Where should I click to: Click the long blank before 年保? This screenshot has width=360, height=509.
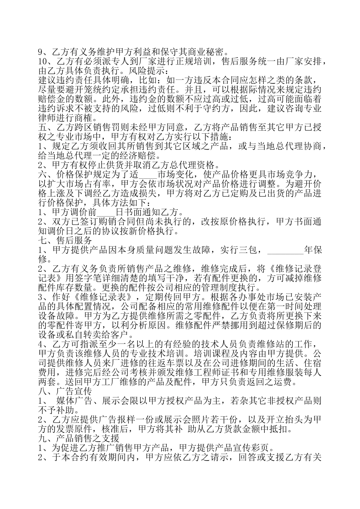[285, 250]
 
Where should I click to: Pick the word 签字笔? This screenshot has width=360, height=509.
[84, 278]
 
